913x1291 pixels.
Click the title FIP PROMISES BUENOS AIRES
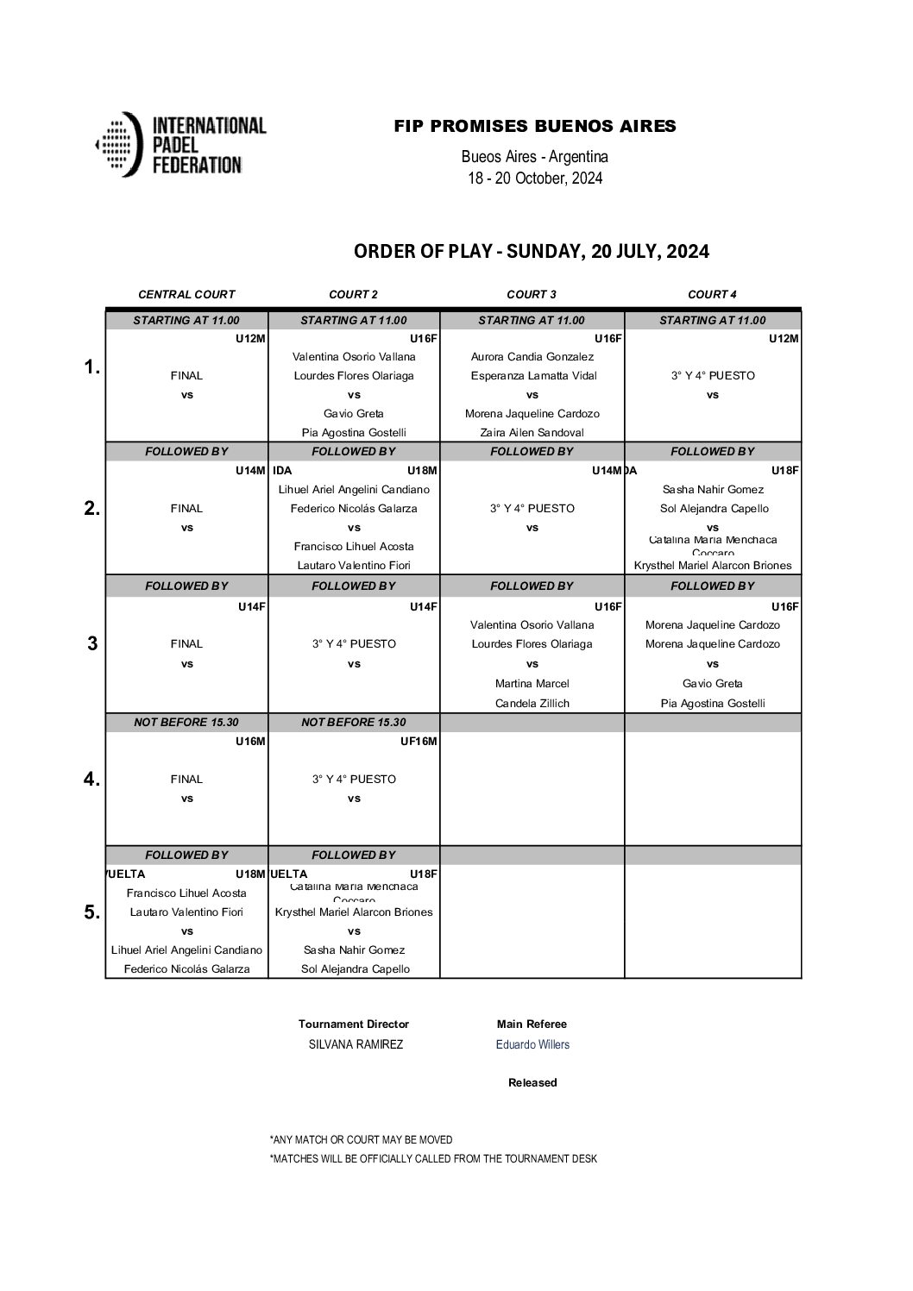pos(535,126)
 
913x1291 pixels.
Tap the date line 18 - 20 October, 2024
pos(535,179)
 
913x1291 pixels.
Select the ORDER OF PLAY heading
pos(532,251)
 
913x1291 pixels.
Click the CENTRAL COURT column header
pos(186,294)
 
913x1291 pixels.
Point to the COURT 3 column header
pos(532,294)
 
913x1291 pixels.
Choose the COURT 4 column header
pos(712,294)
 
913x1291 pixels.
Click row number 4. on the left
pos(91,779)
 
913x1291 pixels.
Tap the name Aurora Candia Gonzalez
pos(532,356)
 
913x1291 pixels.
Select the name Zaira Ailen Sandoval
pos(532,432)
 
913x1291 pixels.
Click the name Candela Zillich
pos(532,703)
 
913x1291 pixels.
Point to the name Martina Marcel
pos(532,683)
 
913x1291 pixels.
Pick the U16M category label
pos(250,741)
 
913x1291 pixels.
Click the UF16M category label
pos(419,741)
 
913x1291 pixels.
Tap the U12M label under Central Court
pos(250,338)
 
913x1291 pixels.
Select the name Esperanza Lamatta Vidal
pos(532,375)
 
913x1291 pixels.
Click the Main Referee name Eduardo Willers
pos(532,1044)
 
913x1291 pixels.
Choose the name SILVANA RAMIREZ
pos(356,1044)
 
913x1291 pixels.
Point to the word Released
pos(532,1082)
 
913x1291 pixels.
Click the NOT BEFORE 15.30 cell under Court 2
pos(354,722)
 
